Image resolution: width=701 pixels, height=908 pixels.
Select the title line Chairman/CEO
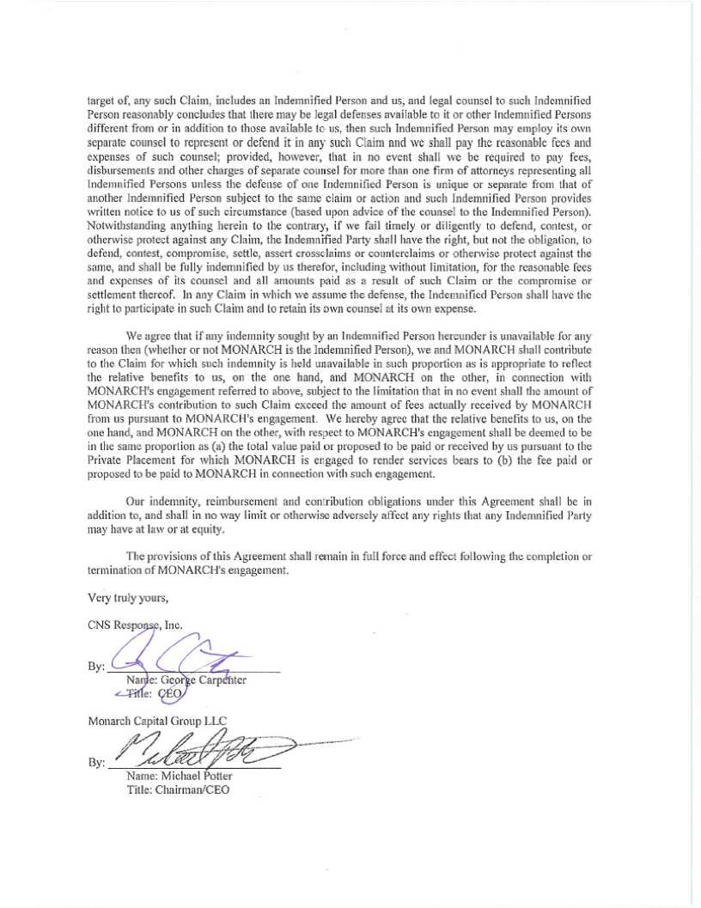coord(194,789)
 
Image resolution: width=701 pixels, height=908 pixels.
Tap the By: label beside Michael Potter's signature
coord(96,763)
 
